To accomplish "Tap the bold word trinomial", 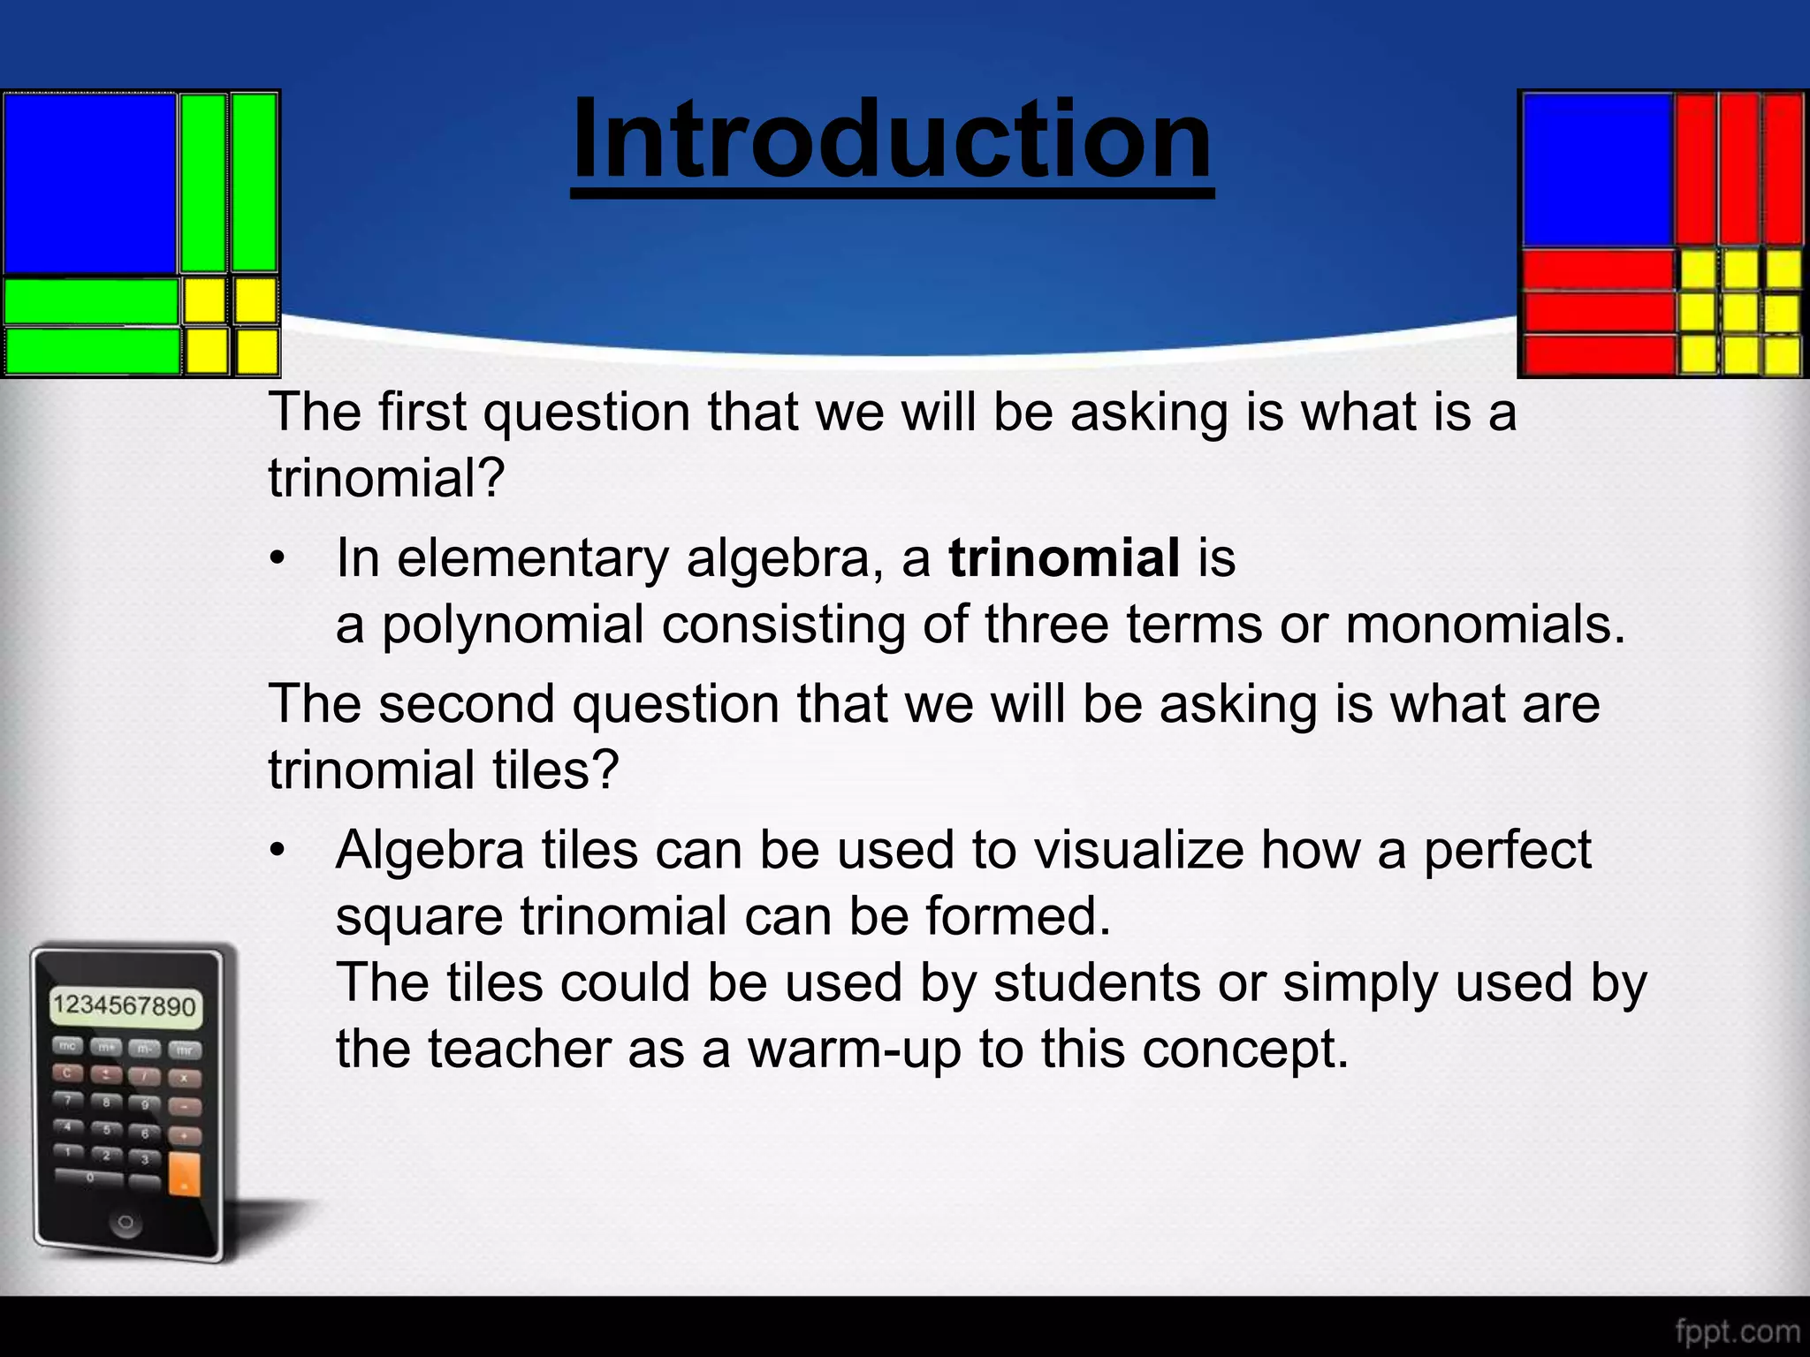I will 1063,558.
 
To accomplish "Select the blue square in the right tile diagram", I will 1596,170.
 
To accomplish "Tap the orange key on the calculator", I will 184,1174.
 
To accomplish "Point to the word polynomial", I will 512,625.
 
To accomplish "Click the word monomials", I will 1485,625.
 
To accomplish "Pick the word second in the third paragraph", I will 468,704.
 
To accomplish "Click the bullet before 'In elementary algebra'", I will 278,559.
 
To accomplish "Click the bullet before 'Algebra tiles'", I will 278,851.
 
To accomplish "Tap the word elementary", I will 532,558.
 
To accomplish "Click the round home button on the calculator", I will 125,1223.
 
